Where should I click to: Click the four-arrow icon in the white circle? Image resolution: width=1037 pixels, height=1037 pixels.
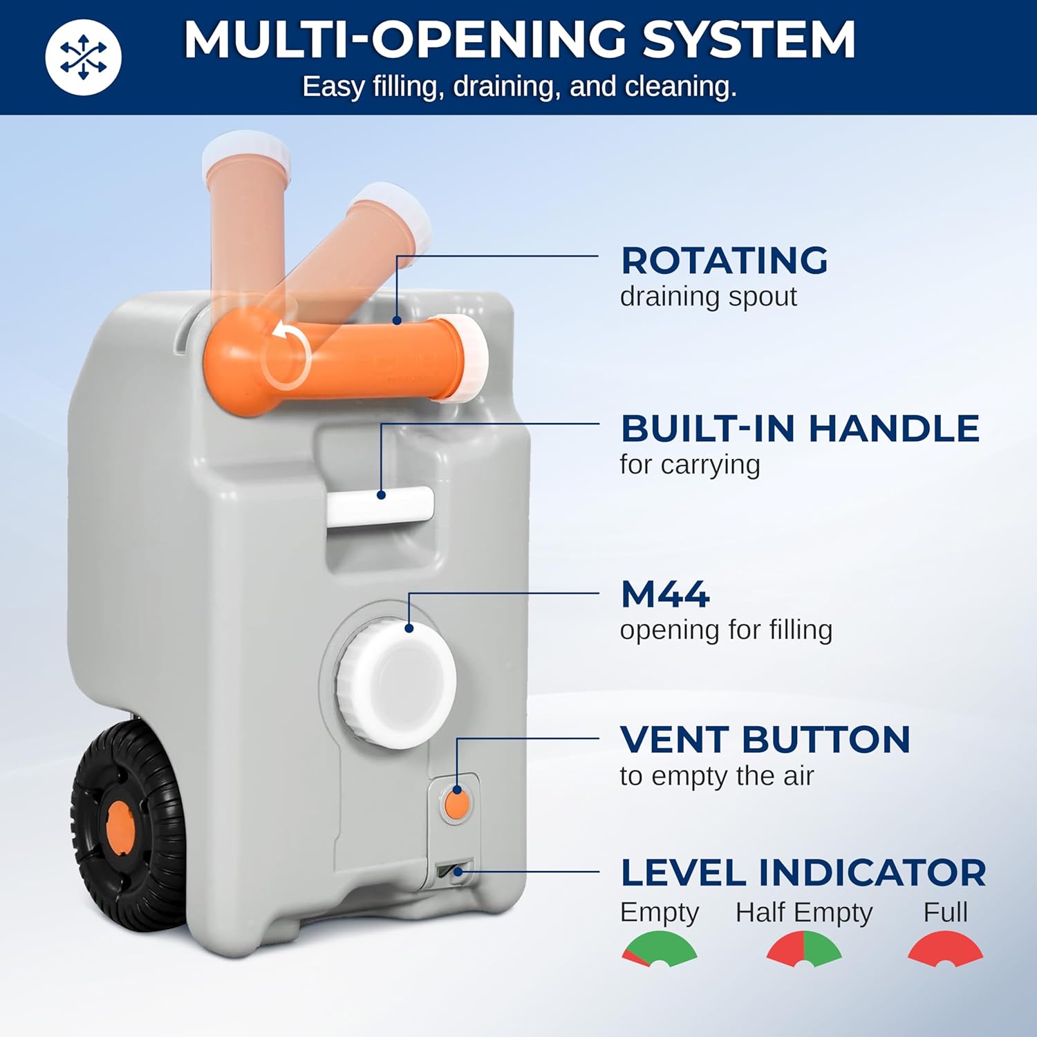click(x=83, y=57)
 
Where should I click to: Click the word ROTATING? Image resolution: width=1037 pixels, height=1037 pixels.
click(x=724, y=261)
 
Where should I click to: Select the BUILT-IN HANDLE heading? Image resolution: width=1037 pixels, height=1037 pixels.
click(x=800, y=429)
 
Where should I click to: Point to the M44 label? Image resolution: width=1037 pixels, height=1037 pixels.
click(x=664, y=595)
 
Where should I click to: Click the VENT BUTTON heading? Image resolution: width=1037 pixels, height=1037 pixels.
click(x=765, y=740)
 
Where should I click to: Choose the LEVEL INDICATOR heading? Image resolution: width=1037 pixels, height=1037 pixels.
click(x=803, y=872)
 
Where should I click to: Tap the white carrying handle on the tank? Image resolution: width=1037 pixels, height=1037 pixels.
click(x=380, y=505)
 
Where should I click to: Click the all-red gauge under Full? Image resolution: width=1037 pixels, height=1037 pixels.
click(x=945, y=947)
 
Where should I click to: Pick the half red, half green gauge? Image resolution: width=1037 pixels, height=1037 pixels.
click(x=803, y=947)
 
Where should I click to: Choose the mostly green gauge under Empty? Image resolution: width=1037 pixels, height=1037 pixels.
click(x=660, y=947)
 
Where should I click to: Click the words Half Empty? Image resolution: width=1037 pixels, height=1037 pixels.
click(x=803, y=913)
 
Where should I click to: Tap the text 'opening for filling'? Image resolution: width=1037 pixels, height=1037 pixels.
click(x=726, y=630)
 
